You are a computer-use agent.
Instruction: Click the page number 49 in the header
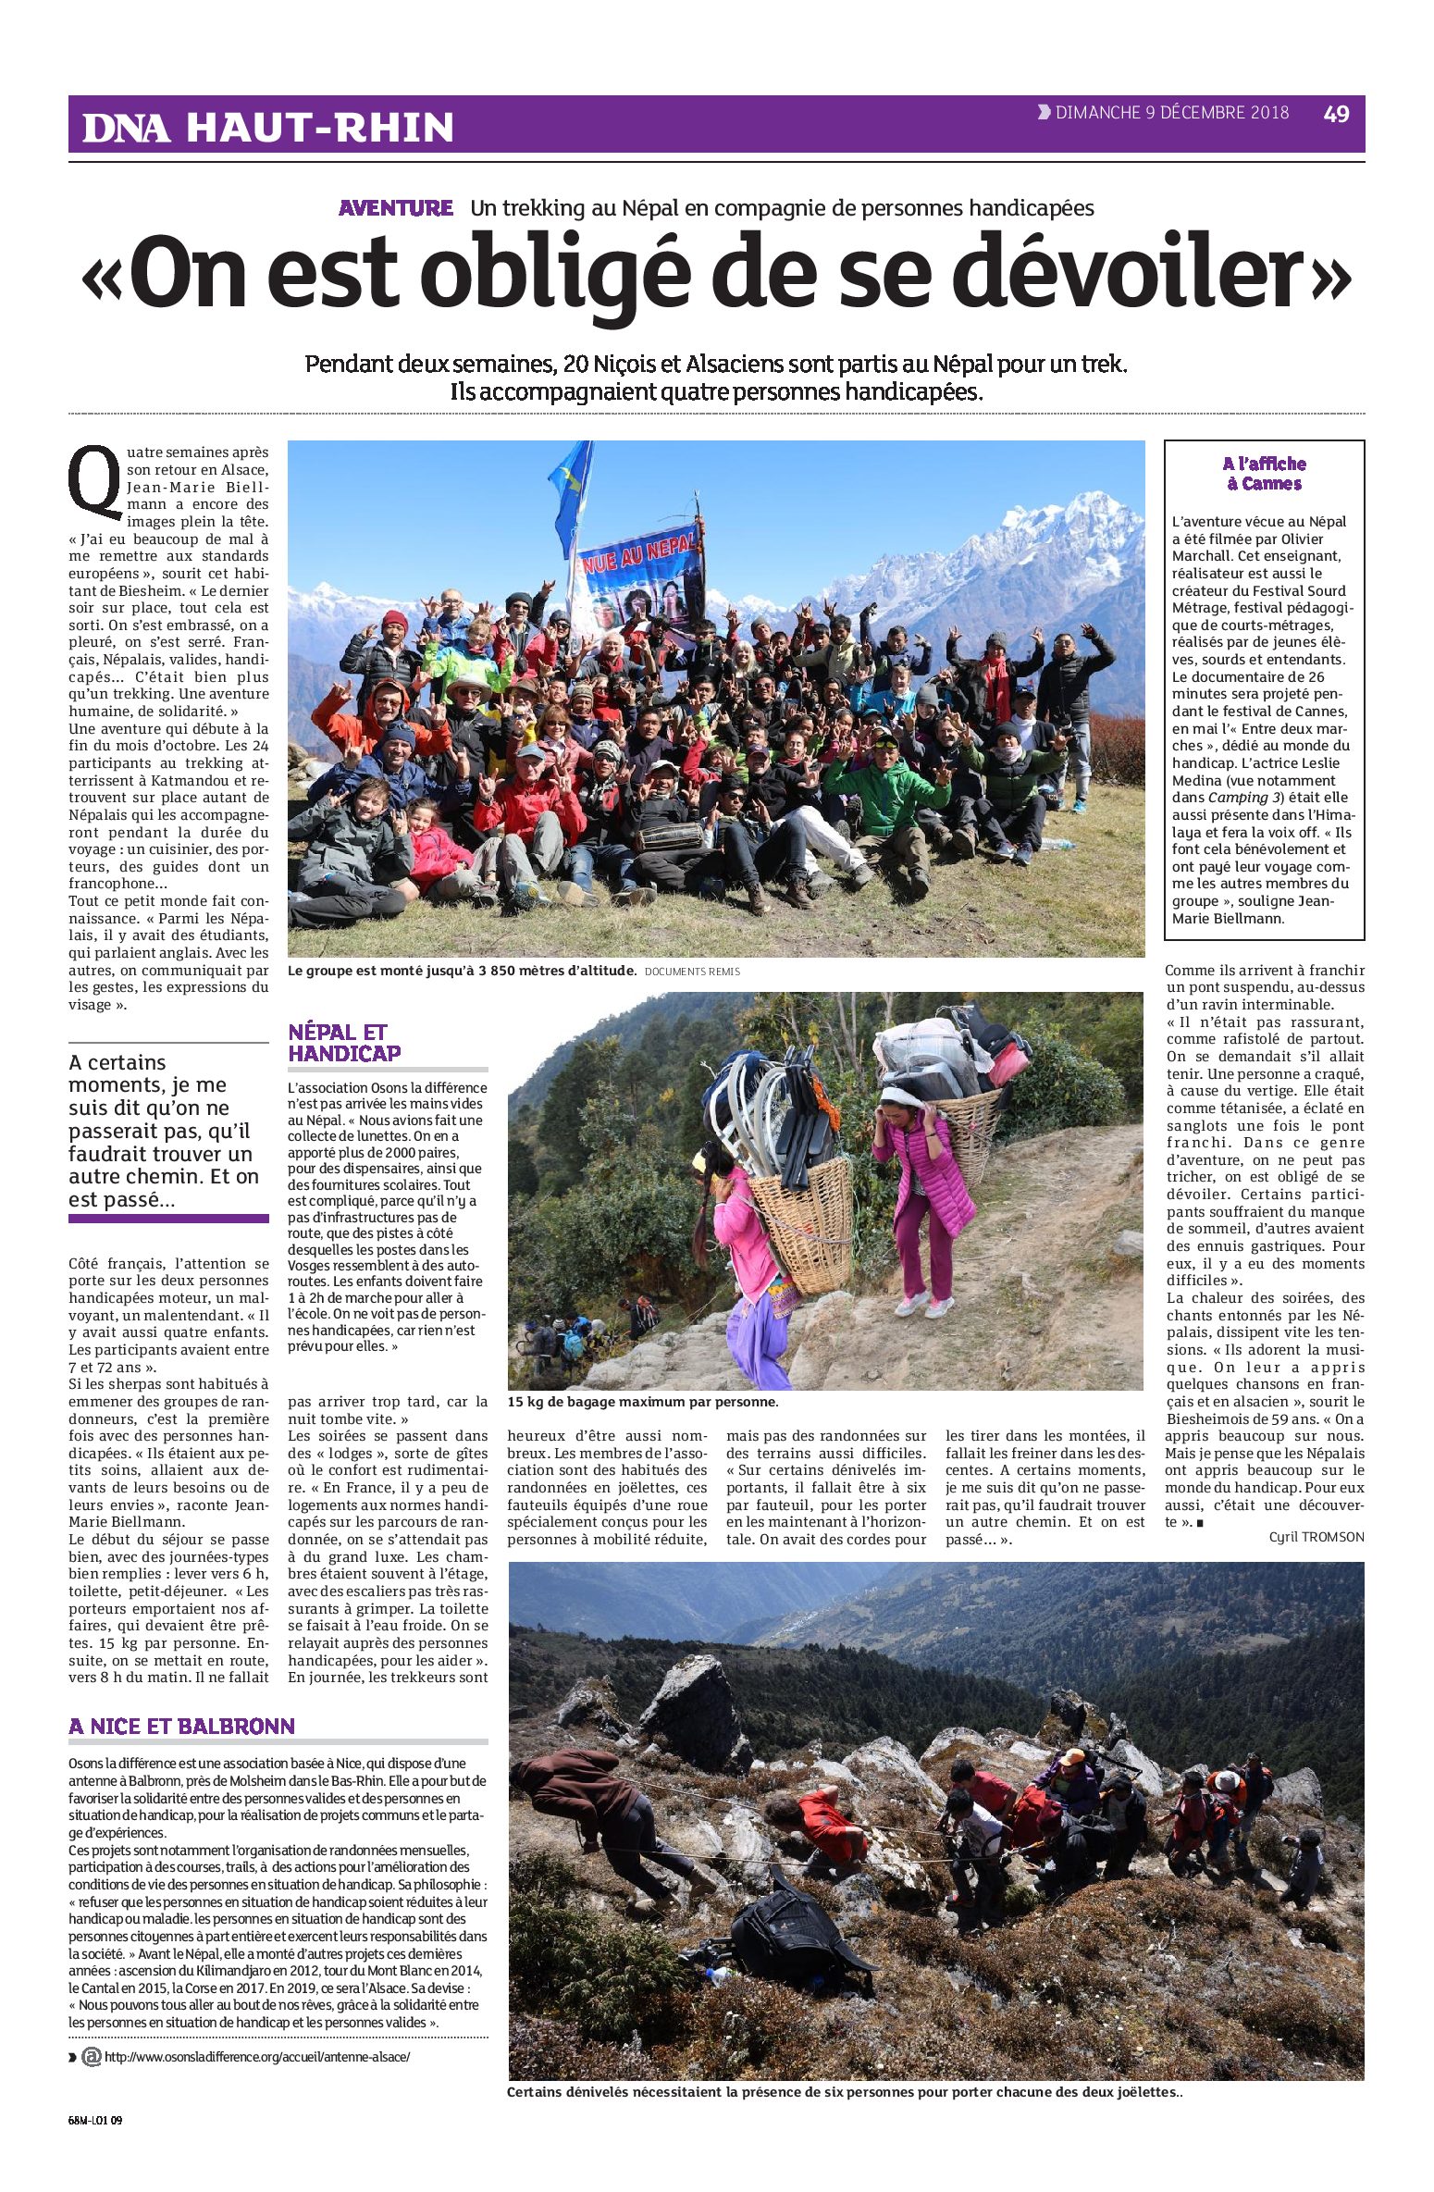click(1336, 114)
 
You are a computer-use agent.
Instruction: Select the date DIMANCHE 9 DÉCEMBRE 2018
click(1171, 113)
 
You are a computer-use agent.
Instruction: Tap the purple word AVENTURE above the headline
click(396, 208)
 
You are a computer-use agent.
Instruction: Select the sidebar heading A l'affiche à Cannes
click(1264, 474)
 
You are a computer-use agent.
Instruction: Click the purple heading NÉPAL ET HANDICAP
click(344, 1043)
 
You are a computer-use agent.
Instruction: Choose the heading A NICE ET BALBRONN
click(181, 1726)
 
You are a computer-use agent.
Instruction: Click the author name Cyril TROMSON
click(1316, 1536)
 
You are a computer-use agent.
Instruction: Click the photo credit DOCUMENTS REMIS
click(692, 972)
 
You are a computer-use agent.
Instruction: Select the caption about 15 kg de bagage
click(643, 1402)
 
